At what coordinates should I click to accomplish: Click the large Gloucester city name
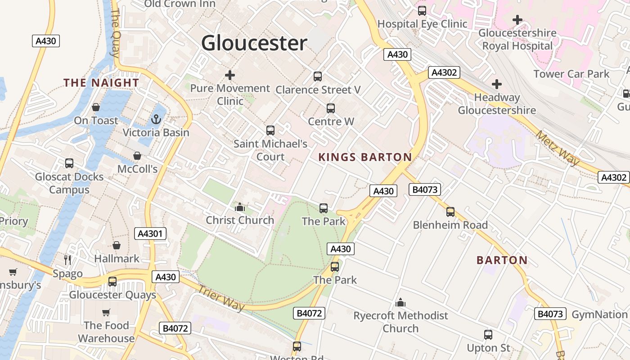[254, 43]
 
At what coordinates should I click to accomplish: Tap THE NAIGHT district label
[101, 83]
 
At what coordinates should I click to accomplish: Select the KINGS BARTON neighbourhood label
[365, 157]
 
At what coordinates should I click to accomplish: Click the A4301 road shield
[150, 234]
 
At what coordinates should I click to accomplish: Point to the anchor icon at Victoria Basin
[156, 119]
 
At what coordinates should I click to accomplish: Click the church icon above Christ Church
[240, 207]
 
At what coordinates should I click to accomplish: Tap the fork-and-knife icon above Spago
[67, 260]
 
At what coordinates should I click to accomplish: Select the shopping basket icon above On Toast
[96, 107]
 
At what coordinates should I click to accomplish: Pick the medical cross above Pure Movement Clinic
[230, 75]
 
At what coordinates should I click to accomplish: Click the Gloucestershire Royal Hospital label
[517, 40]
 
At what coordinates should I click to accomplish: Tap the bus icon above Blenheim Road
[450, 211]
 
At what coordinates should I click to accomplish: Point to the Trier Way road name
[221, 298]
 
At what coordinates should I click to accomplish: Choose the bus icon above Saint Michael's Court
[270, 130]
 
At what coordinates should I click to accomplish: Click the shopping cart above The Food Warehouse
[106, 312]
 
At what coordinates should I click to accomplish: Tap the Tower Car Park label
[571, 74]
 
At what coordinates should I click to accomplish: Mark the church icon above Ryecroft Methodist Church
[400, 303]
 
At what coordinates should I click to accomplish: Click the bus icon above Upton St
[488, 335]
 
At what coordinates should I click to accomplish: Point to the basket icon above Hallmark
[117, 245]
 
